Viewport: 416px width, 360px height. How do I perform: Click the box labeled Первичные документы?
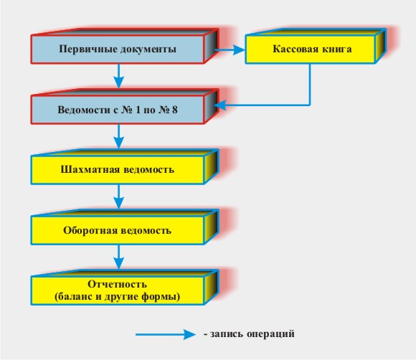point(118,49)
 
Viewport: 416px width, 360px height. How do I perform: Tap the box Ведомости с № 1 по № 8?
point(118,110)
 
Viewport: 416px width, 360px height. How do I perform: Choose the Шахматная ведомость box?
point(118,170)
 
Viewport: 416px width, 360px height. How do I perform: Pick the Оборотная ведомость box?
point(118,230)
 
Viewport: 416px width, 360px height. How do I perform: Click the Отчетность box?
point(118,290)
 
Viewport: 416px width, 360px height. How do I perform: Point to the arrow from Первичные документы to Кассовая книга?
point(230,49)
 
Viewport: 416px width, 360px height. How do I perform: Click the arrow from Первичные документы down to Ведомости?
point(118,75)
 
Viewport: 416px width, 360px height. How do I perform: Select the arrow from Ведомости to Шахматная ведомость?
point(118,136)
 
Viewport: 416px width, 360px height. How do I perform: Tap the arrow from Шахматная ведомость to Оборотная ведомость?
point(118,196)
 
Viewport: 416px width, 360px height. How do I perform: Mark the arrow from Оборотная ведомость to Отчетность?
point(118,257)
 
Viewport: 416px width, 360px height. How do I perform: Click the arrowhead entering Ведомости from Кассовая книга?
point(219,105)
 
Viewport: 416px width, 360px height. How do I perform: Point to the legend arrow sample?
point(166,334)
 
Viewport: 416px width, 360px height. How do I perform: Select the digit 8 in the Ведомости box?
point(174,110)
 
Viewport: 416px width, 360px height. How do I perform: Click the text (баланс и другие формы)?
point(117,296)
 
